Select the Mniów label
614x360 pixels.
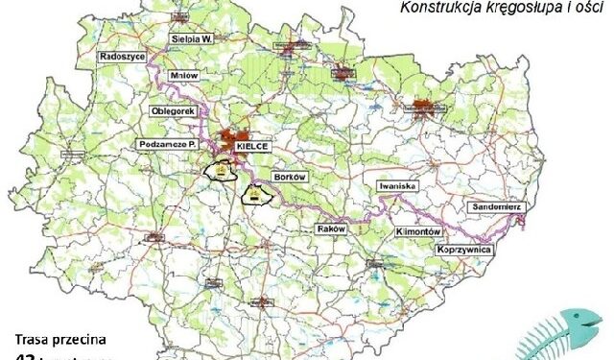182,82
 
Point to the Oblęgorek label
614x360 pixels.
174,110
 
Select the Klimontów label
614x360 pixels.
416,232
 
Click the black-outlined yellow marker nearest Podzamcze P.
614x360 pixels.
221,171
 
